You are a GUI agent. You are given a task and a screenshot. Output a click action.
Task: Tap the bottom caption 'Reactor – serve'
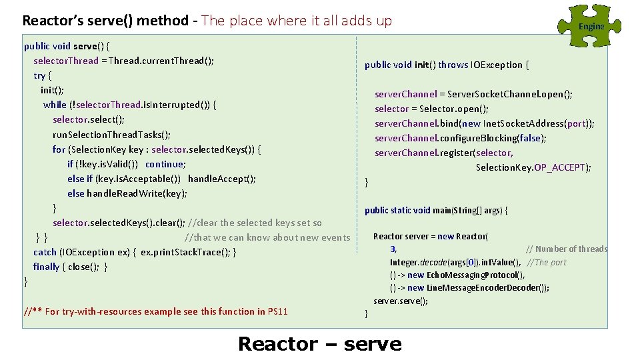click(319, 344)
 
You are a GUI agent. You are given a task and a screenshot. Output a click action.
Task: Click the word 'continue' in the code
click(165, 164)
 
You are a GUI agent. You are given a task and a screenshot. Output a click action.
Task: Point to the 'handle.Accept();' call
click(222, 179)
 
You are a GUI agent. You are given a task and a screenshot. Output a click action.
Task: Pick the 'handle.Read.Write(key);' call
click(137, 193)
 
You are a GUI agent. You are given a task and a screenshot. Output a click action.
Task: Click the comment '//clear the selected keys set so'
click(255, 223)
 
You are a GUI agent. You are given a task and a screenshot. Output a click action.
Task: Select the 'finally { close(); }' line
click(70, 267)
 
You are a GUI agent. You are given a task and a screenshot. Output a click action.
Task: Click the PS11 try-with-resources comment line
click(156, 311)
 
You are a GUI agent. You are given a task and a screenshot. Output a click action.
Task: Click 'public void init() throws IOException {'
click(447, 65)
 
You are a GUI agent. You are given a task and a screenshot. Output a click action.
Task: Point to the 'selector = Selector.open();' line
click(431, 109)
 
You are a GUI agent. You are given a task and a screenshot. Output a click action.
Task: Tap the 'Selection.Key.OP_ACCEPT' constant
click(533, 167)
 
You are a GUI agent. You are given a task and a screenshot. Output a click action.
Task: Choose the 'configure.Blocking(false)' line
click(460, 138)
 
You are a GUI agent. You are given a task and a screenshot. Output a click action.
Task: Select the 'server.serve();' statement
click(401, 301)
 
